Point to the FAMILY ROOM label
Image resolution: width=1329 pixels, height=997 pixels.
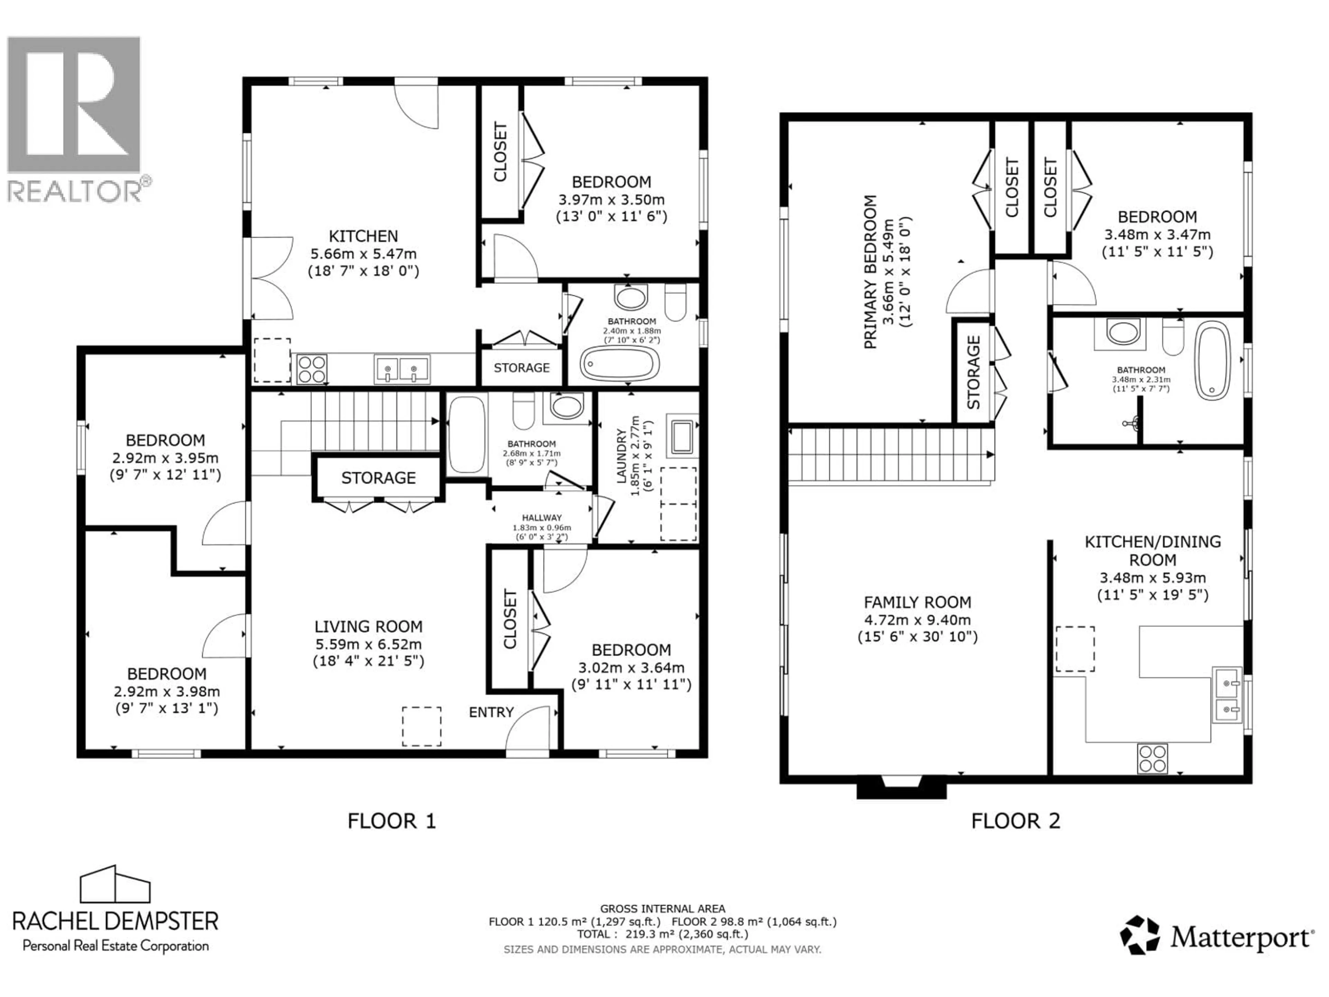point(917,602)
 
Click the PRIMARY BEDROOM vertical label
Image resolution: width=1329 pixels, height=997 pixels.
point(870,272)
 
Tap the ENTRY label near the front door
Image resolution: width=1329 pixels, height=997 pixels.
point(491,712)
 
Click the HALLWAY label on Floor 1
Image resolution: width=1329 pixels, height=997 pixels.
point(541,518)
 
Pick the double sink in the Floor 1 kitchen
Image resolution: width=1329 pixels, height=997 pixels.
point(402,369)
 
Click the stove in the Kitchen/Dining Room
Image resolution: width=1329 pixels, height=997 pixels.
point(1152,758)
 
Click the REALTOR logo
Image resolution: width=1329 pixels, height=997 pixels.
point(74,117)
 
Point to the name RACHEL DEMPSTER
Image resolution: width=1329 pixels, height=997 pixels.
point(115,921)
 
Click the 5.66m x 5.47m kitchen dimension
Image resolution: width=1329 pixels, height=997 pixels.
point(363,254)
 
